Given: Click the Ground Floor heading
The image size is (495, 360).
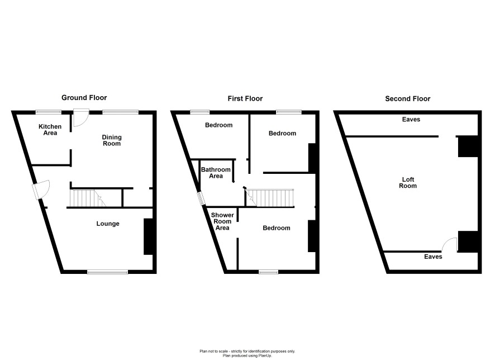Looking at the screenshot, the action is coord(84,98).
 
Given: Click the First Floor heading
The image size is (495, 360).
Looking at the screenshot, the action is coord(245,98).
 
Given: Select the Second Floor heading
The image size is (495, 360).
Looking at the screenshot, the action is coord(407,98).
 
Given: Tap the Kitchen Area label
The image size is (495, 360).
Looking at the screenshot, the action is coord(50,130).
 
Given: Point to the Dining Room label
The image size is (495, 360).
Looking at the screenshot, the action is coord(112,140).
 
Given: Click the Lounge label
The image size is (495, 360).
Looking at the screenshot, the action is coord(108,224).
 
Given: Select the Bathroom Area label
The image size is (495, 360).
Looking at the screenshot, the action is coord(216,173).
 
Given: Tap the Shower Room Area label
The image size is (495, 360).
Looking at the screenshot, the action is coord(222,221).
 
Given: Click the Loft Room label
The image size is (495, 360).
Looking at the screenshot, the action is coord(408,183).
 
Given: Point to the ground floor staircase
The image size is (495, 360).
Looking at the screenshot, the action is coord(88,198).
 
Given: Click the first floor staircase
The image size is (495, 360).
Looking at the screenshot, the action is coord(270,198).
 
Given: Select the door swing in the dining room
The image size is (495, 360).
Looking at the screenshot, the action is coord(81,118).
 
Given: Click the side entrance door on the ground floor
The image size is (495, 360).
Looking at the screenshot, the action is coord(41,190).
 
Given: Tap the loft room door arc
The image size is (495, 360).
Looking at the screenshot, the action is coord(449,244).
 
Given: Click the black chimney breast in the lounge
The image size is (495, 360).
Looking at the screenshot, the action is coord(148,236).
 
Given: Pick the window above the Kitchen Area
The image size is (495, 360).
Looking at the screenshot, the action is coord(48,111).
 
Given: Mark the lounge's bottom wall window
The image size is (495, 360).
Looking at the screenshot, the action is coord(108,272).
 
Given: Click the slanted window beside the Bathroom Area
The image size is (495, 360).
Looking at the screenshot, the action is coord(201,198).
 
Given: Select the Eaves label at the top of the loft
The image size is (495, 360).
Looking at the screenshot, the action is coord(411,120).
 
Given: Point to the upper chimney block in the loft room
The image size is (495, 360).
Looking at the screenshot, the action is coord(468,146).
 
